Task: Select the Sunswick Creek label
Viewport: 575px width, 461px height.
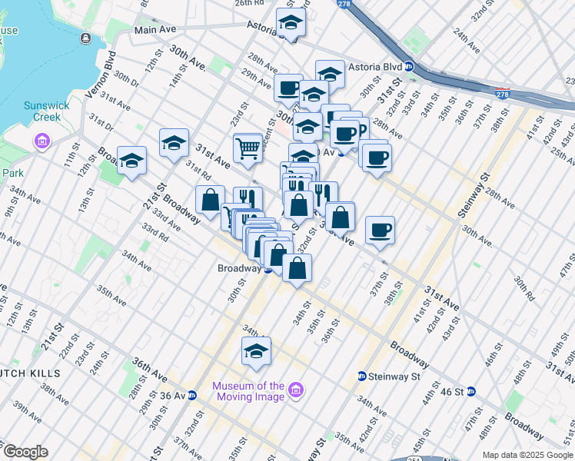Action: pyautogui.click(x=47, y=112)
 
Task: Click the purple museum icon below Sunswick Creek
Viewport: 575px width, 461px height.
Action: pyautogui.click(x=42, y=141)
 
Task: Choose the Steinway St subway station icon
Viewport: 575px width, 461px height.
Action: pyautogui.click(x=361, y=376)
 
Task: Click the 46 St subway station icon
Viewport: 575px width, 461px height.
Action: pyautogui.click(x=471, y=391)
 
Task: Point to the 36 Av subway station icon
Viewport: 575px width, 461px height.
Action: pyautogui.click(x=191, y=396)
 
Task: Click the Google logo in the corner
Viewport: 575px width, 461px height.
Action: pyautogui.click(x=25, y=452)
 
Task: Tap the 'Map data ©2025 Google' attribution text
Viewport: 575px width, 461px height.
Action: pyautogui.click(x=527, y=455)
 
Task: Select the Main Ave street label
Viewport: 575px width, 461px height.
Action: pyautogui.click(x=156, y=31)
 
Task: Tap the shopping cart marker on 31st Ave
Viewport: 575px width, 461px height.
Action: pyautogui.click(x=248, y=147)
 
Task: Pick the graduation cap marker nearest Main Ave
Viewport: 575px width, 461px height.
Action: pyautogui.click(x=290, y=22)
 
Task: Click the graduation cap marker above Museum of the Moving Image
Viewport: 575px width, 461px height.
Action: pyautogui.click(x=256, y=352)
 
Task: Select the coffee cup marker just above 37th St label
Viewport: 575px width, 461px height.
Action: pyautogui.click(x=381, y=229)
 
